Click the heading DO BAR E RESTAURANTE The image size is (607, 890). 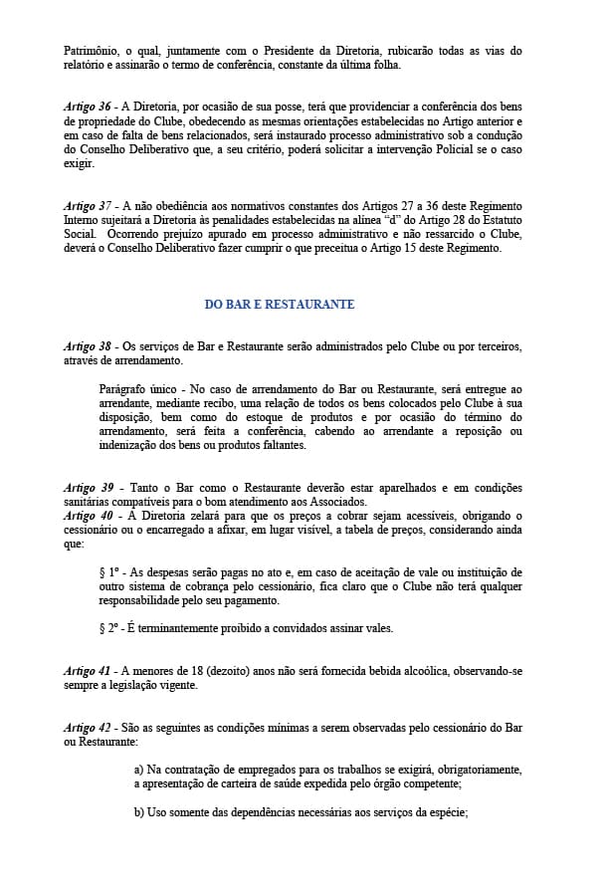pos(280,305)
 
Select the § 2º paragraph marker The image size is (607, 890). pos(109,629)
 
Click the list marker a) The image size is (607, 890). pos(139,770)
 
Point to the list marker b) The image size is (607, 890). pos(139,812)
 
